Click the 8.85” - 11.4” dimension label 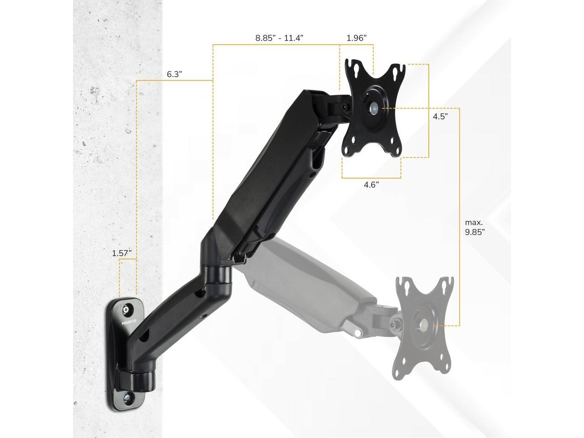coord(279,38)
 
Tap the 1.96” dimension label coord(356,38)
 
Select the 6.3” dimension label coord(174,74)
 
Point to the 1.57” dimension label coord(121,253)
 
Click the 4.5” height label coord(440,116)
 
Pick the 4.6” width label coord(371,185)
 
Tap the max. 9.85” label coord(474,227)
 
